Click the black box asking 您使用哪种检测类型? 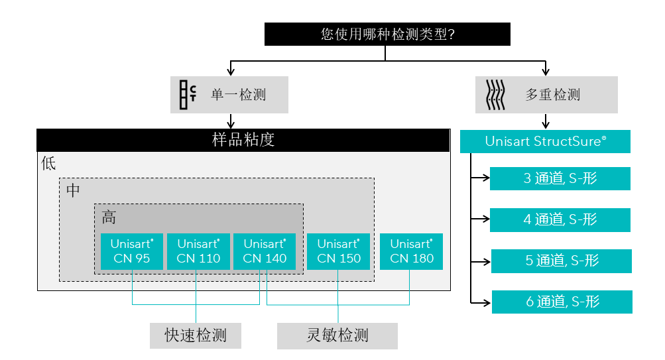click(387, 34)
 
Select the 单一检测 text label click(239, 95)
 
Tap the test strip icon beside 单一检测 click(188, 95)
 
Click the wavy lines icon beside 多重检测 click(497, 95)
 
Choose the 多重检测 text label click(553, 95)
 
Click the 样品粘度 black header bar click(243, 140)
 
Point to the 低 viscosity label click(48, 164)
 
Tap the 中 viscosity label click(73, 190)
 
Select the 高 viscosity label click(109, 217)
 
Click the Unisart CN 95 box click(131, 251)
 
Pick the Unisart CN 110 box click(198, 251)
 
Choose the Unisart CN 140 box click(265, 251)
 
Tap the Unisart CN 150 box click(338, 251)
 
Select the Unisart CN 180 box click(411, 251)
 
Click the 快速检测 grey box click(195, 335)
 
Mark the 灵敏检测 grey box click(337, 335)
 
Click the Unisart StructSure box click(545, 141)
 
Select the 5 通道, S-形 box click(561, 261)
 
